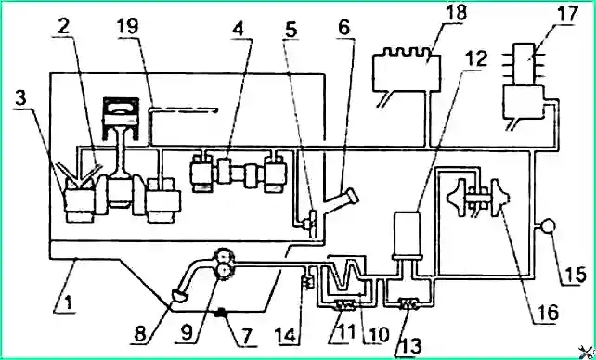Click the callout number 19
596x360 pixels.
click(x=128, y=27)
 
